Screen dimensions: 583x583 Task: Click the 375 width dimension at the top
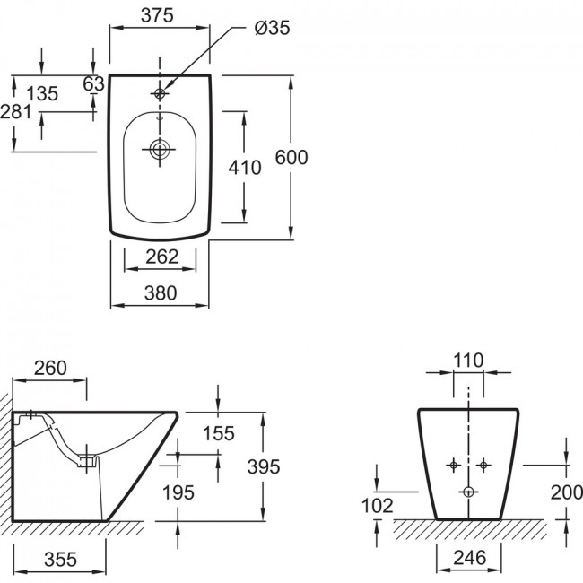pos(157,15)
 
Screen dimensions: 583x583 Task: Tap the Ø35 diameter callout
pos(272,28)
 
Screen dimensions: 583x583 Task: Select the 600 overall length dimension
pos(291,157)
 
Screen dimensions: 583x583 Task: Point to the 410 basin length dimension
pos(245,168)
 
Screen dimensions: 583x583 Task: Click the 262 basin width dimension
pos(161,257)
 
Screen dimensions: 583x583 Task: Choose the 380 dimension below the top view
pos(161,293)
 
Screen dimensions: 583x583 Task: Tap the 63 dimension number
pos(93,84)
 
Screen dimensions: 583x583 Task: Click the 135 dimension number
pos(42,93)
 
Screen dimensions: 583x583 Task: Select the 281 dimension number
pos(16,111)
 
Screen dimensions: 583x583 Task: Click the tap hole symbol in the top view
pos(160,93)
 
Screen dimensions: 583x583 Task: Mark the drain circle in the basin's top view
pos(160,150)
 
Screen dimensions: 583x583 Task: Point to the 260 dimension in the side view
pos(50,368)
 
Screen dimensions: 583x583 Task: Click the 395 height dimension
pos(264,467)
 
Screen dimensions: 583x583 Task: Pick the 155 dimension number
pos(219,433)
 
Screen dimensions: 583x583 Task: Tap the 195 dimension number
pos(178,493)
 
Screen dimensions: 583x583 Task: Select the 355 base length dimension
pos(60,559)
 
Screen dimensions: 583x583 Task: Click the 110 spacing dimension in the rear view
pos(468,361)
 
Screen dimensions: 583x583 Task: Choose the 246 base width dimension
pos(470,558)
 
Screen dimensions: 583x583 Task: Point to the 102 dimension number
pos(377,506)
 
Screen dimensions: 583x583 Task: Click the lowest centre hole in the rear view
pos(468,492)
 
